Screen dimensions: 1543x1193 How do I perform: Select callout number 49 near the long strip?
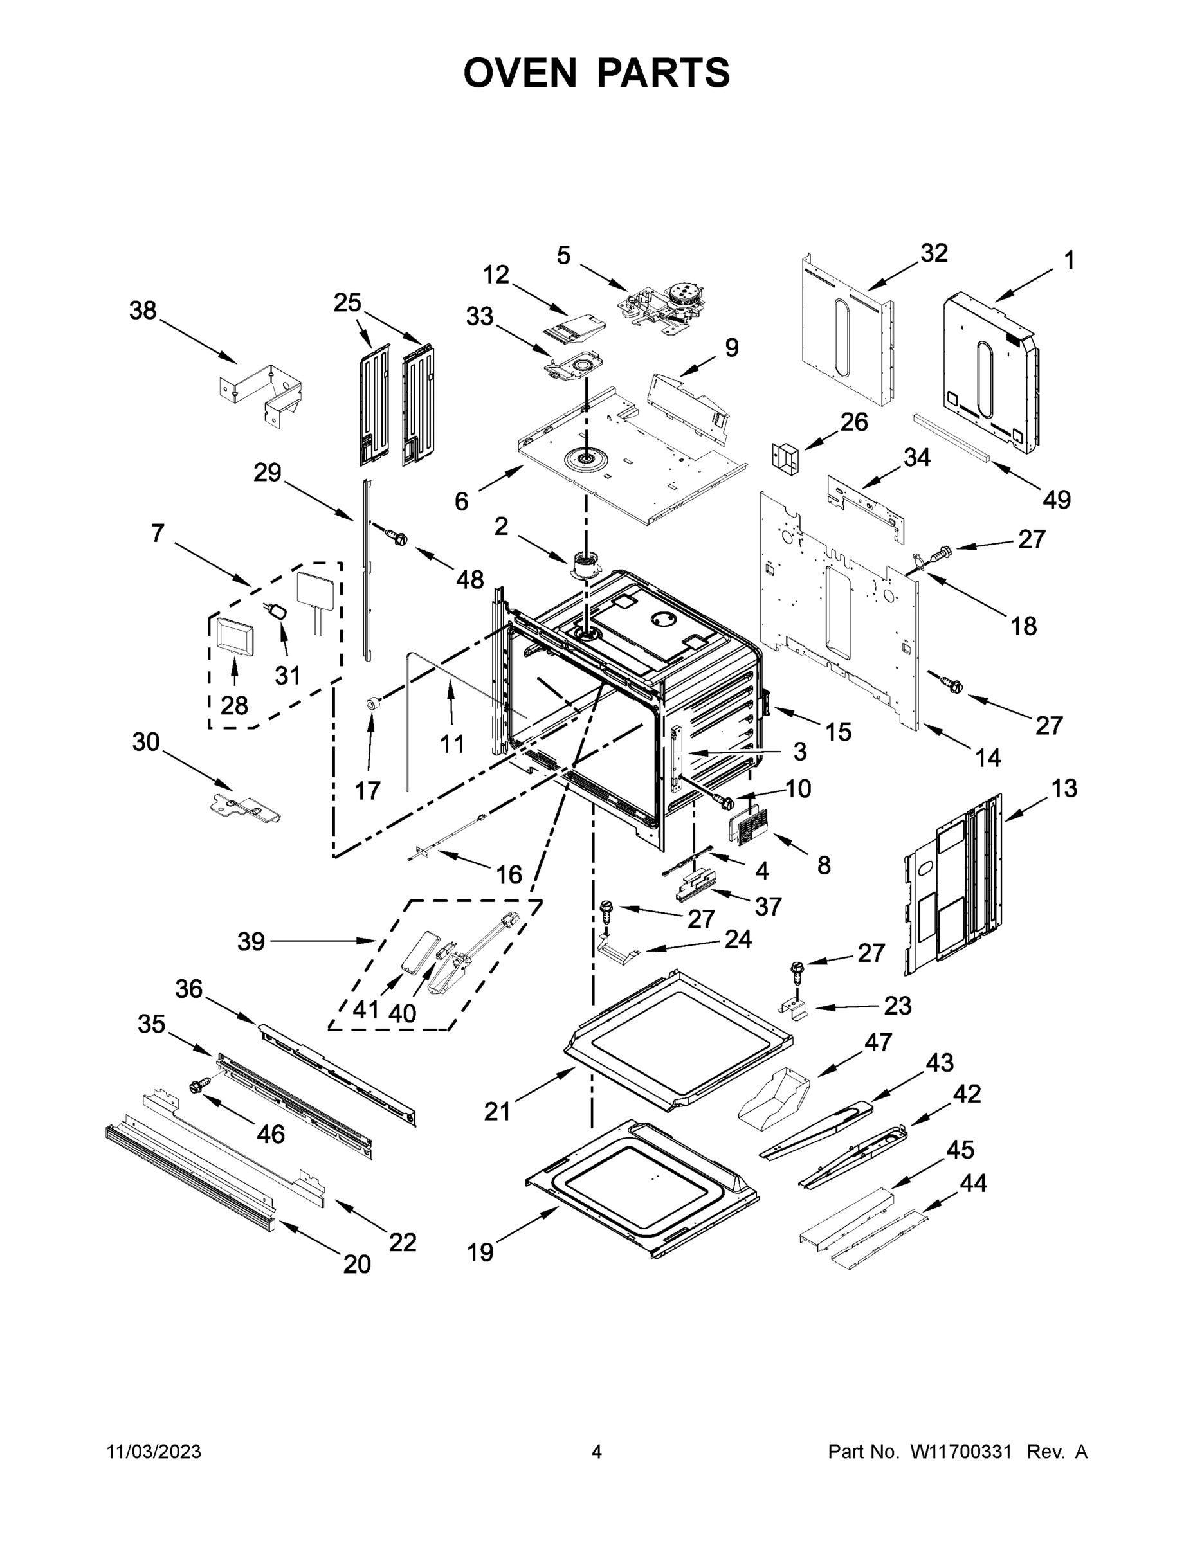point(1057,500)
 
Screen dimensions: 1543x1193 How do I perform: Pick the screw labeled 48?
point(396,537)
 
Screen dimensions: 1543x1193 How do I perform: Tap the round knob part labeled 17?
point(373,703)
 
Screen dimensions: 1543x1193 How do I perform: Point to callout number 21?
point(497,1112)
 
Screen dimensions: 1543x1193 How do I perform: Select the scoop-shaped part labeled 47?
point(772,1096)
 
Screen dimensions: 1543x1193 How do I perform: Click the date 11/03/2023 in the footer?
point(154,1452)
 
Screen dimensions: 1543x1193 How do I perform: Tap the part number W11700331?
point(960,1452)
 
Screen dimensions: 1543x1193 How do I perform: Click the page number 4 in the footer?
point(597,1452)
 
